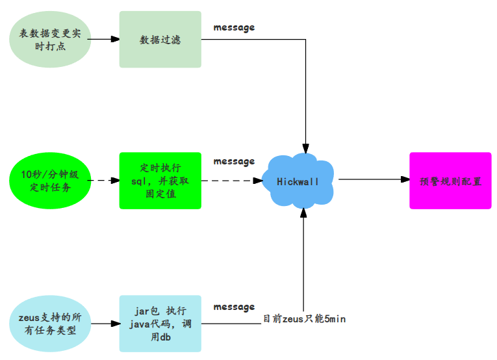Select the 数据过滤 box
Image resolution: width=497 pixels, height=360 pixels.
(x=160, y=39)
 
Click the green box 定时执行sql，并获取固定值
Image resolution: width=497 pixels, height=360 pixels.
(x=160, y=181)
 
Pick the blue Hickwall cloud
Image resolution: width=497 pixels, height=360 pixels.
(x=298, y=181)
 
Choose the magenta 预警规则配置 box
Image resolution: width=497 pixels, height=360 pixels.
(x=450, y=181)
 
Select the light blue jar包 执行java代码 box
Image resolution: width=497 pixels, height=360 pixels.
(x=160, y=324)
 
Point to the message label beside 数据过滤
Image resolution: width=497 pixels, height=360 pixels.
(x=234, y=27)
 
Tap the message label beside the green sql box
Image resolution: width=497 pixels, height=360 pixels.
(x=234, y=161)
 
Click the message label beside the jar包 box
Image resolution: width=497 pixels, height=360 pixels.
(x=234, y=307)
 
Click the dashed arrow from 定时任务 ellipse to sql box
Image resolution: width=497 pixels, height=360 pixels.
(x=104, y=180)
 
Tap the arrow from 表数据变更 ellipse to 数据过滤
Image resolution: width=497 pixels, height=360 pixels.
(x=103, y=39)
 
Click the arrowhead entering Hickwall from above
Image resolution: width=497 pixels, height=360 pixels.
(x=305, y=148)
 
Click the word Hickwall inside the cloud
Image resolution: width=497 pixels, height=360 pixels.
(x=298, y=182)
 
